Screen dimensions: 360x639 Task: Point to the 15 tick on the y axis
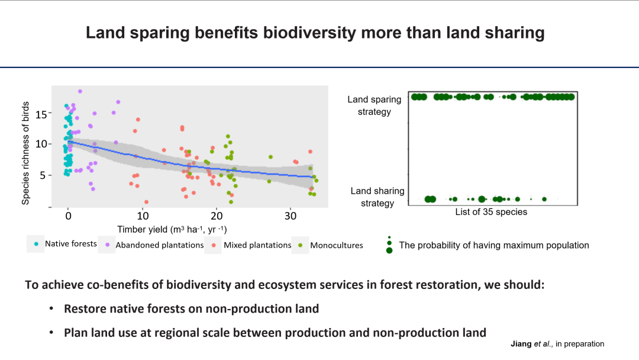pos(41,114)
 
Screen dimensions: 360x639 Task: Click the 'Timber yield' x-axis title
pos(172,230)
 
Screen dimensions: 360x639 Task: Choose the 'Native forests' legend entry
pos(70,243)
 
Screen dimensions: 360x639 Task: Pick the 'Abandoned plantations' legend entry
pos(159,245)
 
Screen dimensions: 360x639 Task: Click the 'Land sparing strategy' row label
pos(374,105)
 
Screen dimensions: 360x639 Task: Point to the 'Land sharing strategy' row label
pos(377,197)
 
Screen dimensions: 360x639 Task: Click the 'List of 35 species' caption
pos(491,212)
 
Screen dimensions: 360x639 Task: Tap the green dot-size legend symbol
pos(389,245)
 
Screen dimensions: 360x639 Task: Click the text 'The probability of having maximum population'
pos(494,245)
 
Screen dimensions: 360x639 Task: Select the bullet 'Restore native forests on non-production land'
pos(192,308)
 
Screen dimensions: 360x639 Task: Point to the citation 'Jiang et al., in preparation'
pos(557,344)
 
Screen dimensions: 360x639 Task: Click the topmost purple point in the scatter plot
pos(80,91)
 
